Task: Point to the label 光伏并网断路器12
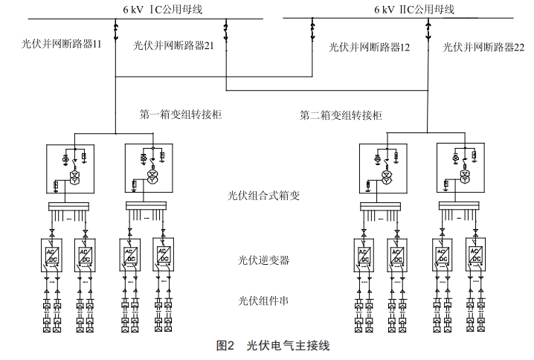369,46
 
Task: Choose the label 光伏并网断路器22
483,46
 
